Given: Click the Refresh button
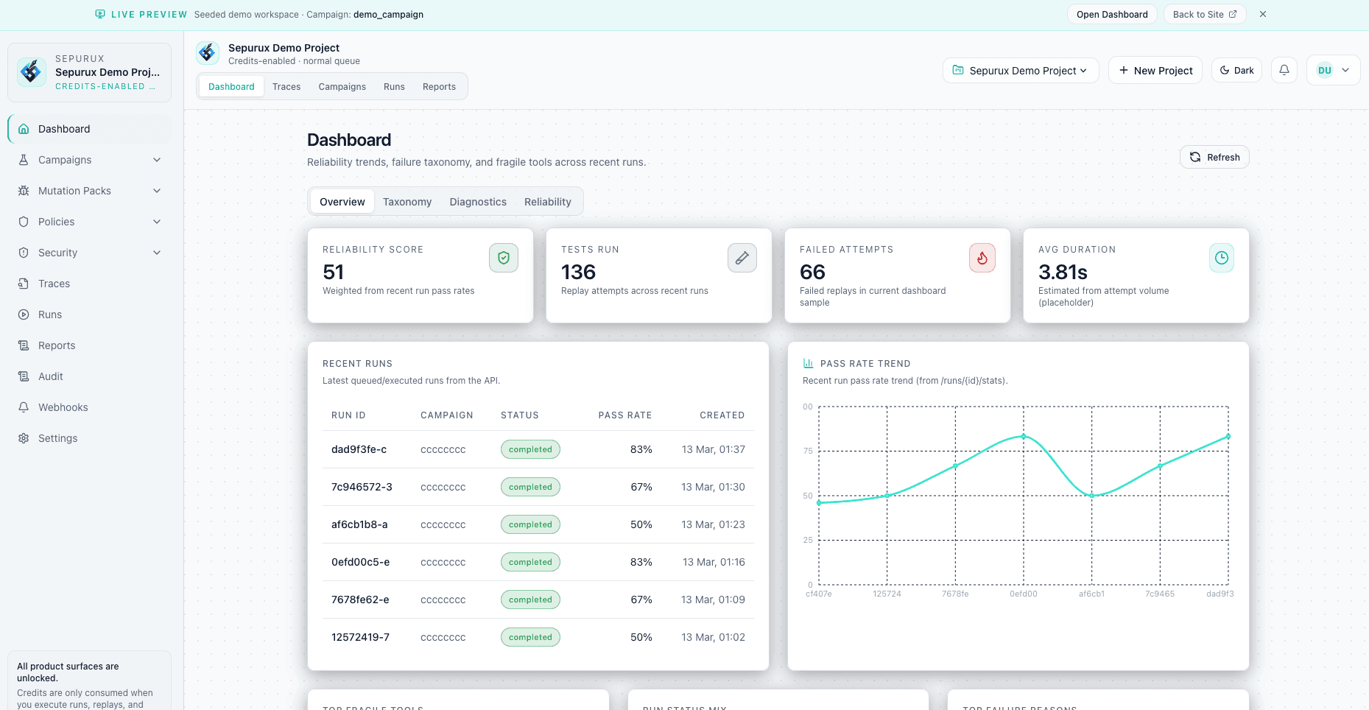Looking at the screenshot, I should pyautogui.click(x=1214, y=157).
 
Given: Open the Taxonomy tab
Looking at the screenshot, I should pyautogui.click(x=407, y=202).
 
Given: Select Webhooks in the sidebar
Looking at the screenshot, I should pyautogui.click(x=63, y=407).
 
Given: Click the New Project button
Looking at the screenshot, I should pyautogui.click(x=1155, y=71).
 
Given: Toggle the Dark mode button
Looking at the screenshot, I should pyautogui.click(x=1236, y=71).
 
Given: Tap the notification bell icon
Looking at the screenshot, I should pyautogui.click(x=1284, y=70).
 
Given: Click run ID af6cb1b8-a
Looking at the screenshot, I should pyautogui.click(x=359, y=524).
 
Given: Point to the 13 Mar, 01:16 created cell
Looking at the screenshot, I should pyautogui.click(x=713, y=562).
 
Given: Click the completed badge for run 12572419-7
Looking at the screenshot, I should pyautogui.click(x=530, y=637).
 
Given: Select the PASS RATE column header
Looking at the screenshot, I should pyautogui.click(x=624, y=415).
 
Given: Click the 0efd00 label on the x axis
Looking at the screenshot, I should pyautogui.click(x=1023, y=594).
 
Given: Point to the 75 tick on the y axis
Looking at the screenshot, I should pyautogui.click(x=808, y=451).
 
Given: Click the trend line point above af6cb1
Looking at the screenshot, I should pyautogui.click(x=1092, y=495).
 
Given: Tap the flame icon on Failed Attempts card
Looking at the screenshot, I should pyautogui.click(x=982, y=258).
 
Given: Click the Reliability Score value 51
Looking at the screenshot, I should pyautogui.click(x=334, y=273).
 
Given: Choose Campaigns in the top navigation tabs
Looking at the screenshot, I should pyautogui.click(x=342, y=86).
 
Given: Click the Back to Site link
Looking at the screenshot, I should pyautogui.click(x=1204, y=14).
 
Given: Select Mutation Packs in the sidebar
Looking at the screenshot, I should pyautogui.click(x=74, y=191).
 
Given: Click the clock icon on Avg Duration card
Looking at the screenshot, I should pyautogui.click(x=1221, y=258).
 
